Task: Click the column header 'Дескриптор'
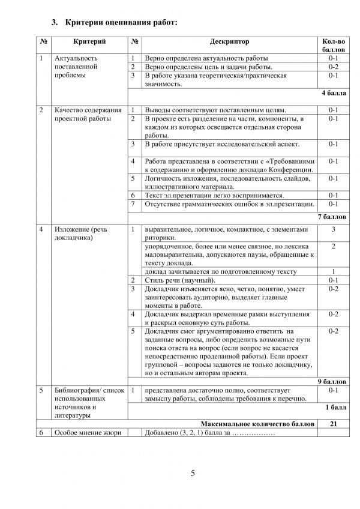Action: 230,41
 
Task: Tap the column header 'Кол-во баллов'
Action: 334,45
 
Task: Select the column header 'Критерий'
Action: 89,41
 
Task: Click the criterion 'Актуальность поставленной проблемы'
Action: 80,67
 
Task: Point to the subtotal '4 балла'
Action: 334,93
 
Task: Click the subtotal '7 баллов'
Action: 332,216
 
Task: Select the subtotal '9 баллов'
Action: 332,381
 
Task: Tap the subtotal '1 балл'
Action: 336,407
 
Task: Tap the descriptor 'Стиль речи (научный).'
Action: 180,280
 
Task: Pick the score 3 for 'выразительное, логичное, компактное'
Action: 334,230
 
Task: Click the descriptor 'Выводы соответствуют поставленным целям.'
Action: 215,110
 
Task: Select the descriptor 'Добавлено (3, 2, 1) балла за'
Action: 209,433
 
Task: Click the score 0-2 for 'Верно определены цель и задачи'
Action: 334,67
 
